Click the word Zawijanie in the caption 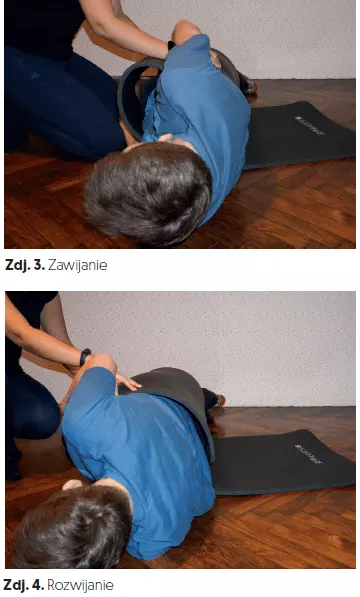[x=78, y=265]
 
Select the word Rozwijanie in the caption [x=80, y=585]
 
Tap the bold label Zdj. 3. [x=25, y=265]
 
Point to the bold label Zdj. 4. [x=24, y=585]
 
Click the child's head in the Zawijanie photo [x=148, y=193]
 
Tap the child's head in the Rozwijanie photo [x=72, y=527]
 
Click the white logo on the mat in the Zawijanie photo [x=310, y=126]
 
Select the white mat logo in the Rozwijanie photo [x=309, y=454]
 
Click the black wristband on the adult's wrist [x=85, y=357]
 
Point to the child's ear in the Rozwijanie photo [x=72, y=484]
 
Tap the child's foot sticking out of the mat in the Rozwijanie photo [x=213, y=400]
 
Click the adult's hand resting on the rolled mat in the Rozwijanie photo [x=127, y=381]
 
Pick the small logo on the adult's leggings [x=36, y=76]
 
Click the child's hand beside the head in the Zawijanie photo [x=167, y=139]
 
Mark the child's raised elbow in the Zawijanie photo [x=185, y=29]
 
